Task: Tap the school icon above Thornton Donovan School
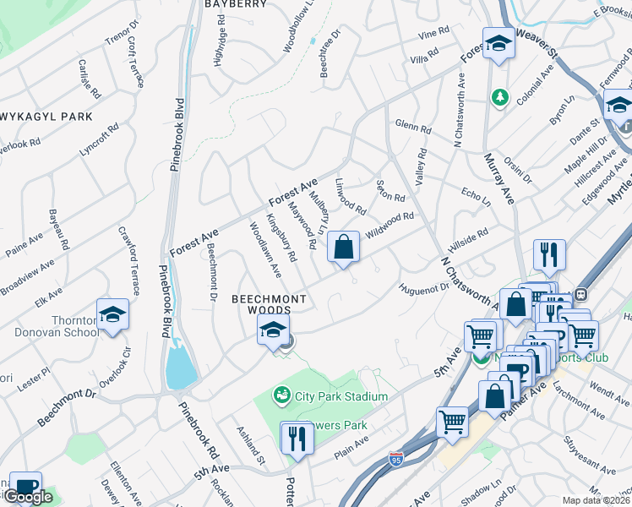(112, 316)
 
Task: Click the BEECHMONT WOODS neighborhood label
(262, 305)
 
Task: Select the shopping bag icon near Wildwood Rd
(343, 248)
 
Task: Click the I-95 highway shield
(396, 458)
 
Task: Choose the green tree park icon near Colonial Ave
(500, 97)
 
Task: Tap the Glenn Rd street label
(412, 127)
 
